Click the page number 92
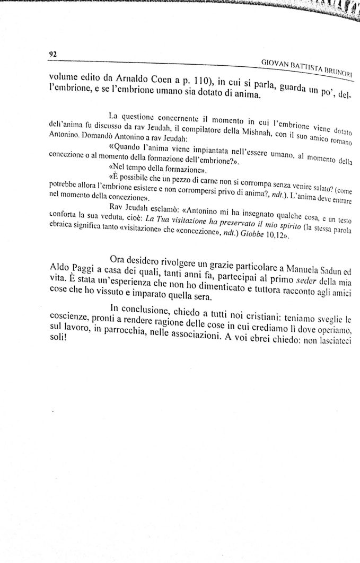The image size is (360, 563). pos(52,54)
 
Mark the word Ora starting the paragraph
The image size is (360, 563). pos(122,259)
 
